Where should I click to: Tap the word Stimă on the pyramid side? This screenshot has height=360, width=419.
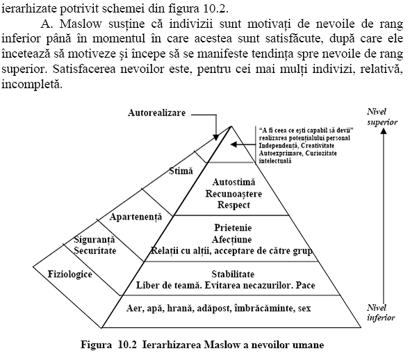(x=181, y=170)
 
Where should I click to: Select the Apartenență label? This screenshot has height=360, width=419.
(x=135, y=217)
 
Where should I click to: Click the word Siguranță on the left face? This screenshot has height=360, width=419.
(x=95, y=239)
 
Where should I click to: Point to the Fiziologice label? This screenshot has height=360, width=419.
(x=69, y=274)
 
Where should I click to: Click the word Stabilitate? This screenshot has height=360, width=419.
(x=233, y=274)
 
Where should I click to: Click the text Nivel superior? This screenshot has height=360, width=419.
(x=382, y=116)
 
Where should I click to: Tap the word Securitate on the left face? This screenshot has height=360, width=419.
(x=95, y=249)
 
